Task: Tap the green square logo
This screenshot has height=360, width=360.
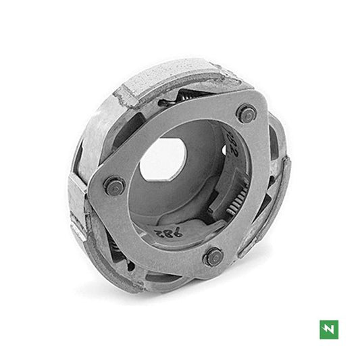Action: point(328,329)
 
